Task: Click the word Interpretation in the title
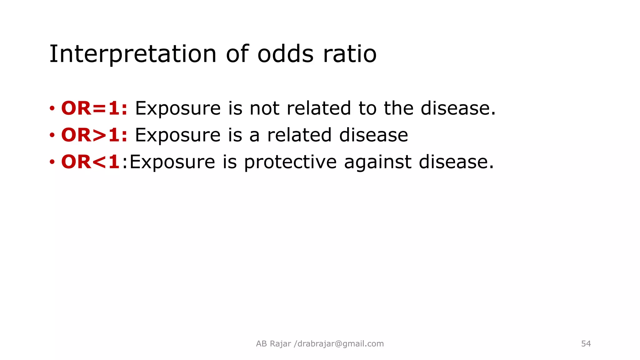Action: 133,54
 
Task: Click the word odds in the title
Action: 285,54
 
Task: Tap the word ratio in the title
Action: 350,54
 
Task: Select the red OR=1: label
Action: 94,108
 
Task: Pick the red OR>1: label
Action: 94,135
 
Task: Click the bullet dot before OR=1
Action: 52,109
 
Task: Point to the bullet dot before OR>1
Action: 52,136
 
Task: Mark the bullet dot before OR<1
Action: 52,162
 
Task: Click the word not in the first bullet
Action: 264,108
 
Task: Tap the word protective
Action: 290,162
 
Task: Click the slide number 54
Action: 586,344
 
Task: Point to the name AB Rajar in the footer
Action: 273,344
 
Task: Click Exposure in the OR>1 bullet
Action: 178,135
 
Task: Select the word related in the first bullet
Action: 319,108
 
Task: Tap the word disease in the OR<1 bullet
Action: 456,162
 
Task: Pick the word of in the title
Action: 237,54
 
